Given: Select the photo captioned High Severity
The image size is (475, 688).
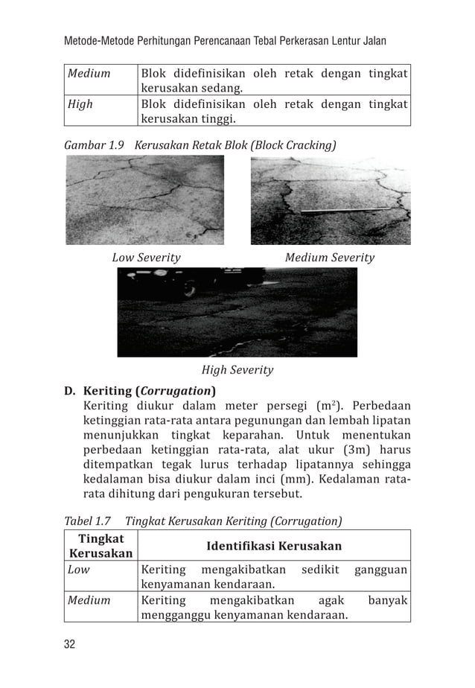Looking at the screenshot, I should coord(237,312).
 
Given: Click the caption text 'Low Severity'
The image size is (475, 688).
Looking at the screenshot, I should coord(146,258).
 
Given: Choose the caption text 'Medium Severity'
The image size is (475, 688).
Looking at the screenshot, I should coord(330,258).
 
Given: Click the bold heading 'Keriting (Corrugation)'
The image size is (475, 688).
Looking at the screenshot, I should coord(150,390).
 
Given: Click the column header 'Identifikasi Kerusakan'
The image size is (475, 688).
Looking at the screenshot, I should coord(274,546).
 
